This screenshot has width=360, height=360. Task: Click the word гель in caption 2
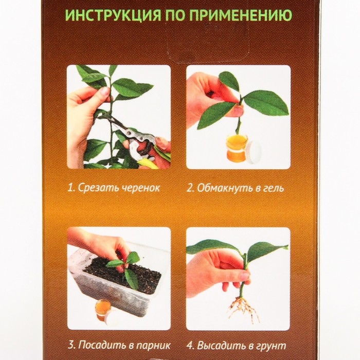point(273,188)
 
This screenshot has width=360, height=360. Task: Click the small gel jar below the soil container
point(103,307)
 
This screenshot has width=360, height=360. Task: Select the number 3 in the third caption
point(70,345)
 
